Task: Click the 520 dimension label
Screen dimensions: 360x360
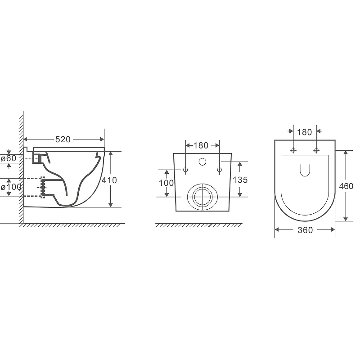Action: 63,139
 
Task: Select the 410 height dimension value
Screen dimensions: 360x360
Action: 109,180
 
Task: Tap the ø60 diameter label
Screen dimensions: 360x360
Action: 9,158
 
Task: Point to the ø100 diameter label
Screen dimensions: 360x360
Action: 11,187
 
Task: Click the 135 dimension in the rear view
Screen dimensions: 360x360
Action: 240,180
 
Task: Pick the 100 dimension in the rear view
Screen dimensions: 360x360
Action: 166,183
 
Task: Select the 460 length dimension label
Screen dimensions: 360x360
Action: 346,186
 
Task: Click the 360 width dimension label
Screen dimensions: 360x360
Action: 305,230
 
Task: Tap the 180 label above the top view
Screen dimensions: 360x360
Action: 305,132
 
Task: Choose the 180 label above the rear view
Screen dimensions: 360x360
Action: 201,145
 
